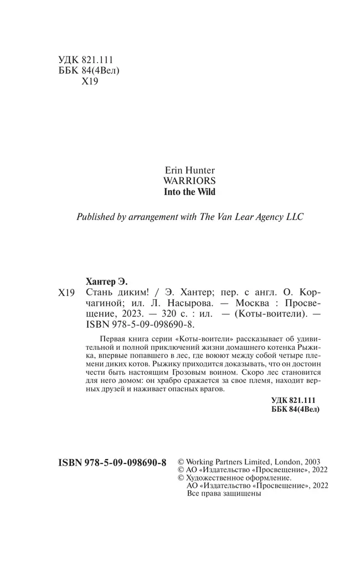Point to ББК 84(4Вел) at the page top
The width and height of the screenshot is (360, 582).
click(x=89, y=71)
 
